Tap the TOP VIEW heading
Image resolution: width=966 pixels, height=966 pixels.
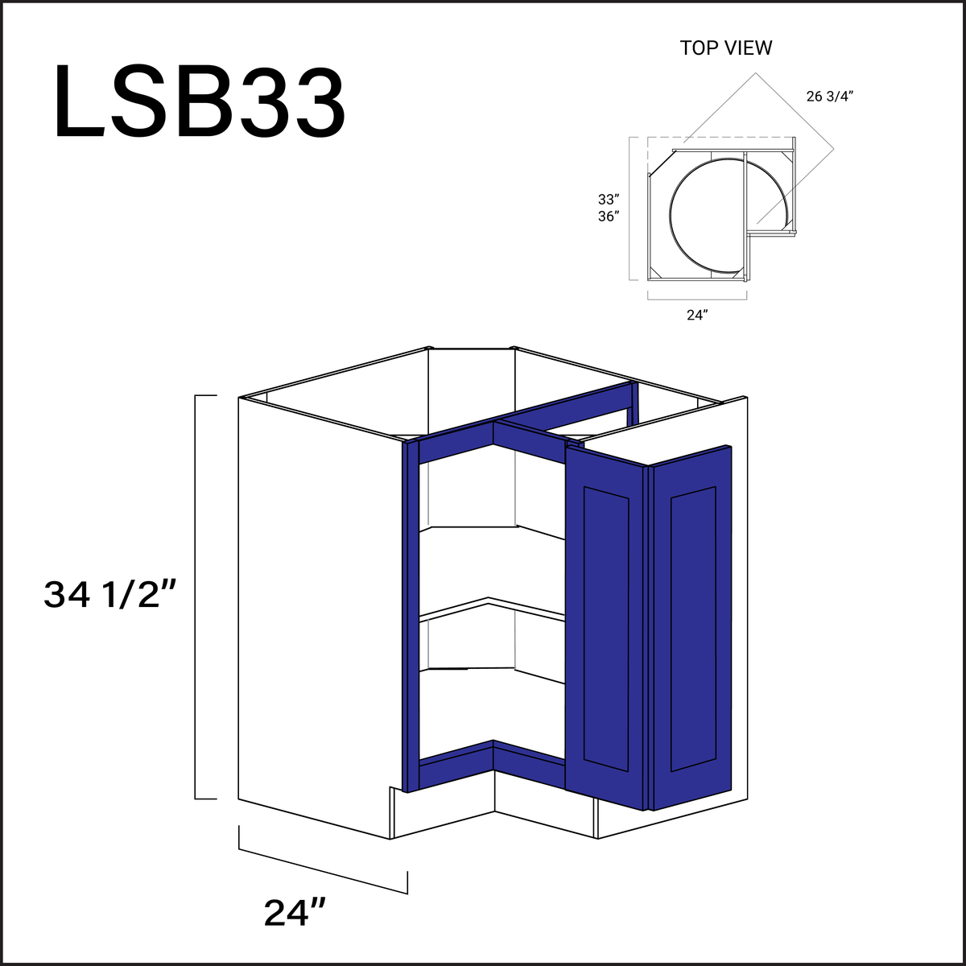pos(725,48)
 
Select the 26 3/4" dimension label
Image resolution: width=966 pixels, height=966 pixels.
pos(829,97)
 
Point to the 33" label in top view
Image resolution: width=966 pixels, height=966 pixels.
pos(608,199)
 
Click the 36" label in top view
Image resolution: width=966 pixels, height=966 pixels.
pos(608,217)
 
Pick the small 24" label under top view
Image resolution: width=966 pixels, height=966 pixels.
pos(696,316)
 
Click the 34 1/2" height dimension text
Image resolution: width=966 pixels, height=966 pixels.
pos(109,596)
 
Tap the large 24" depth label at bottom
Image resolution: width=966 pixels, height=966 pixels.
pos(295,913)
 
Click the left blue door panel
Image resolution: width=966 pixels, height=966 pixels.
pos(606,628)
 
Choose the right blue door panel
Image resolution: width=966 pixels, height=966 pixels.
pos(692,628)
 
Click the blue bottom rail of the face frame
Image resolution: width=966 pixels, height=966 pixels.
pos(455,768)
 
